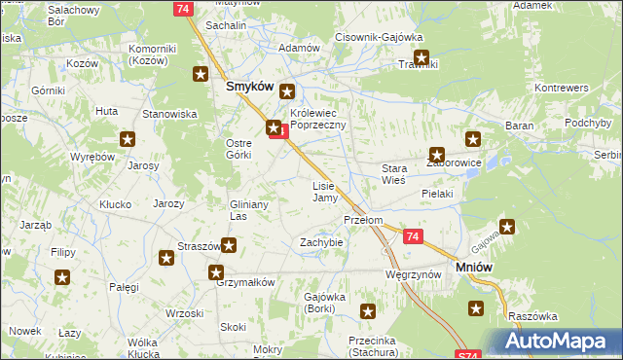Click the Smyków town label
point(247,86)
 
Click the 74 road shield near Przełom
point(413,236)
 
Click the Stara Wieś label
point(392,174)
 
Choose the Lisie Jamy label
point(324,191)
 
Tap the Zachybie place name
point(321,242)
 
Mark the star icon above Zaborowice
point(473,139)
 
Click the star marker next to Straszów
point(229,246)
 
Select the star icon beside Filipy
point(62,278)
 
